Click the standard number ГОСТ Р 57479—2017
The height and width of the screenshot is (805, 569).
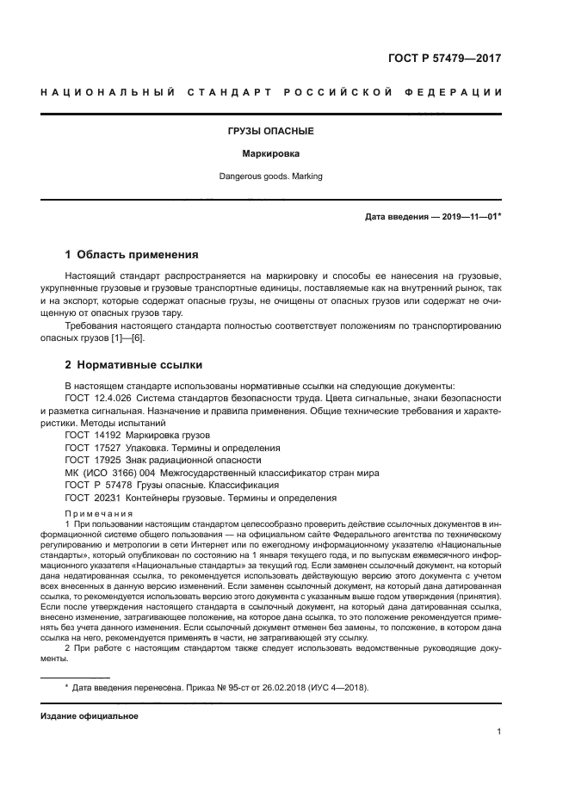445,59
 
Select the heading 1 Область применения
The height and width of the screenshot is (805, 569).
133,255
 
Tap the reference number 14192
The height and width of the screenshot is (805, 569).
108,436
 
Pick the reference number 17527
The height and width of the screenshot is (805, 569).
108,448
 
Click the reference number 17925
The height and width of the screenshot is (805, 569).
108,461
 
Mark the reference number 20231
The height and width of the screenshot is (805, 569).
108,498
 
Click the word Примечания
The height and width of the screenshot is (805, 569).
96,512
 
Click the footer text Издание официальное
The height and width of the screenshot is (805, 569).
90,715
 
